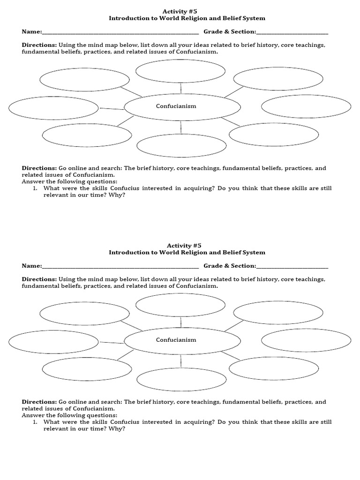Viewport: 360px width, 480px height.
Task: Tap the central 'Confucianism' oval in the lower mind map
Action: tap(182, 340)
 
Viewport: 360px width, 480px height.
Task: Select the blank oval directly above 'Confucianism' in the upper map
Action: tap(180, 71)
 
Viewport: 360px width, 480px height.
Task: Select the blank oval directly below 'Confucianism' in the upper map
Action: tap(181, 145)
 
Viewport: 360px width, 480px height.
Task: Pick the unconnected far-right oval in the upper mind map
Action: tap(306, 106)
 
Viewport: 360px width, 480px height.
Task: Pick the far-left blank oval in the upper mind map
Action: tap(53, 108)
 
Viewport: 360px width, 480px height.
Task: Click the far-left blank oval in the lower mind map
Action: tap(53, 342)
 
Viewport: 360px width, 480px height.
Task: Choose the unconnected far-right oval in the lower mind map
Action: tap(306, 340)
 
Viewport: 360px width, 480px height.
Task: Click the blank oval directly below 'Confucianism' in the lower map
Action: tap(181, 379)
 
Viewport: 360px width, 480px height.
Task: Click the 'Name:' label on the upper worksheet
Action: tap(31, 32)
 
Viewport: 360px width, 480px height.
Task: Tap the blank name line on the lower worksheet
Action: tap(120, 267)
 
